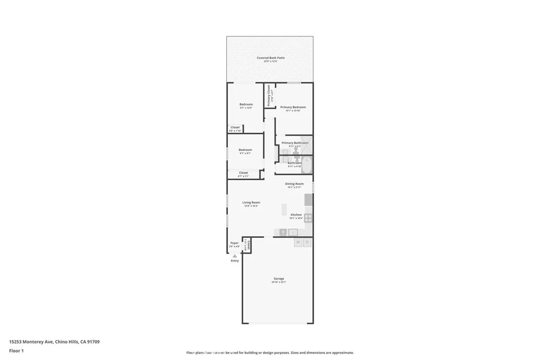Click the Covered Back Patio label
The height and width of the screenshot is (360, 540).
(x=270, y=57)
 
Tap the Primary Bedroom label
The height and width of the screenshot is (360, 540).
(x=293, y=107)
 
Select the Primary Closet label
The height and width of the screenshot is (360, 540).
(x=268, y=95)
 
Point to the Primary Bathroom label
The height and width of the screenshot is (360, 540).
(x=295, y=143)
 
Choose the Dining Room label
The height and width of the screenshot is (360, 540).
(x=294, y=184)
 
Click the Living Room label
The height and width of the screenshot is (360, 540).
(x=251, y=202)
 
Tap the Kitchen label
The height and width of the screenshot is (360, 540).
(x=296, y=215)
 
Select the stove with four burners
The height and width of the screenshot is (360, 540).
(x=308, y=217)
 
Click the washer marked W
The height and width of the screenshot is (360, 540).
(x=297, y=242)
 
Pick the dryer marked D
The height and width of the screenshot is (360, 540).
(x=307, y=242)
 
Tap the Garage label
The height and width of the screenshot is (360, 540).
(x=278, y=278)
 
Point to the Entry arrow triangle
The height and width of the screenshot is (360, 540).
(x=235, y=256)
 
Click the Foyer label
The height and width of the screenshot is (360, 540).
(x=235, y=243)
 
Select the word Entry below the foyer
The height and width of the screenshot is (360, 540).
(x=235, y=261)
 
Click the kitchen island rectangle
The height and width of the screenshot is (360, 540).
(x=284, y=209)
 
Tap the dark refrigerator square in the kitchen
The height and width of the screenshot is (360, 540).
(x=308, y=200)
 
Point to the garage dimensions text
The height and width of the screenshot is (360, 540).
(x=278, y=282)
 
